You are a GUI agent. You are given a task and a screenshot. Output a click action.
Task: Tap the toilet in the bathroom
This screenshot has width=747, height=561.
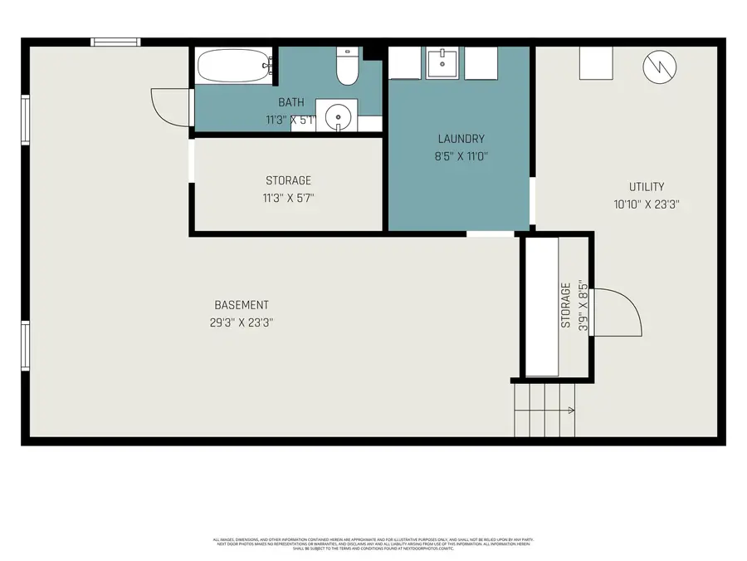point(347,66)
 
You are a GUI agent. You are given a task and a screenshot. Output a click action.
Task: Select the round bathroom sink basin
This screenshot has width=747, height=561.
point(339,117)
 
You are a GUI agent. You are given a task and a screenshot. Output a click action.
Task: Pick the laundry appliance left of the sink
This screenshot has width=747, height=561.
point(405,63)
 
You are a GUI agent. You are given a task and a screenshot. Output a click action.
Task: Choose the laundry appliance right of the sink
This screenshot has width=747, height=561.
point(481,63)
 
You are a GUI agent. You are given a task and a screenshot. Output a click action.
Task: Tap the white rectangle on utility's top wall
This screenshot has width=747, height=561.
point(596,63)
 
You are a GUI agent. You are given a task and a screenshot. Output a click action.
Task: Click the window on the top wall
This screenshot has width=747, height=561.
point(115,42)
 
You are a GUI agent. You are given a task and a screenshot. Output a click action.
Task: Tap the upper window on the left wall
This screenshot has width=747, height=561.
point(26,120)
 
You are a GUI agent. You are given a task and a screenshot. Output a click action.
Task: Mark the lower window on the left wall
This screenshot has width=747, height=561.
point(26,346)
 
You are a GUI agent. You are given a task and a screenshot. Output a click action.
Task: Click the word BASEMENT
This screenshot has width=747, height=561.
point(241,305)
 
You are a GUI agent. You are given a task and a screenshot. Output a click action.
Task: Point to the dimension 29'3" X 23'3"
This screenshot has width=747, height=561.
point(242,322)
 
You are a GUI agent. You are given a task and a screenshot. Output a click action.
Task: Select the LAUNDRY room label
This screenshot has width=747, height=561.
point(461,139)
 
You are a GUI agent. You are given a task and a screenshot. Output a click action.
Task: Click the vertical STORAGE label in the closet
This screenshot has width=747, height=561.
point(566,305)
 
